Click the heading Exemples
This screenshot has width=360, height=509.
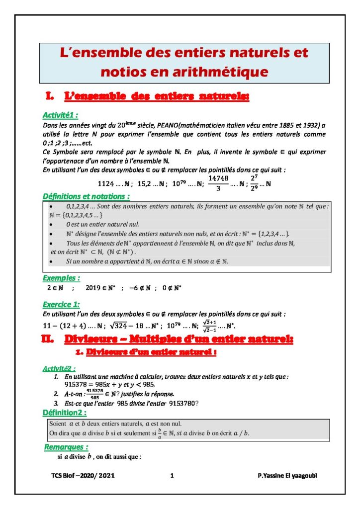[61, 278]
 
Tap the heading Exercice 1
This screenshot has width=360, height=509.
[61, 304]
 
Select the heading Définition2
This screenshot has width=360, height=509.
[64, 413]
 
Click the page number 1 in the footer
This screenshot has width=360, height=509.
[172, 476]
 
